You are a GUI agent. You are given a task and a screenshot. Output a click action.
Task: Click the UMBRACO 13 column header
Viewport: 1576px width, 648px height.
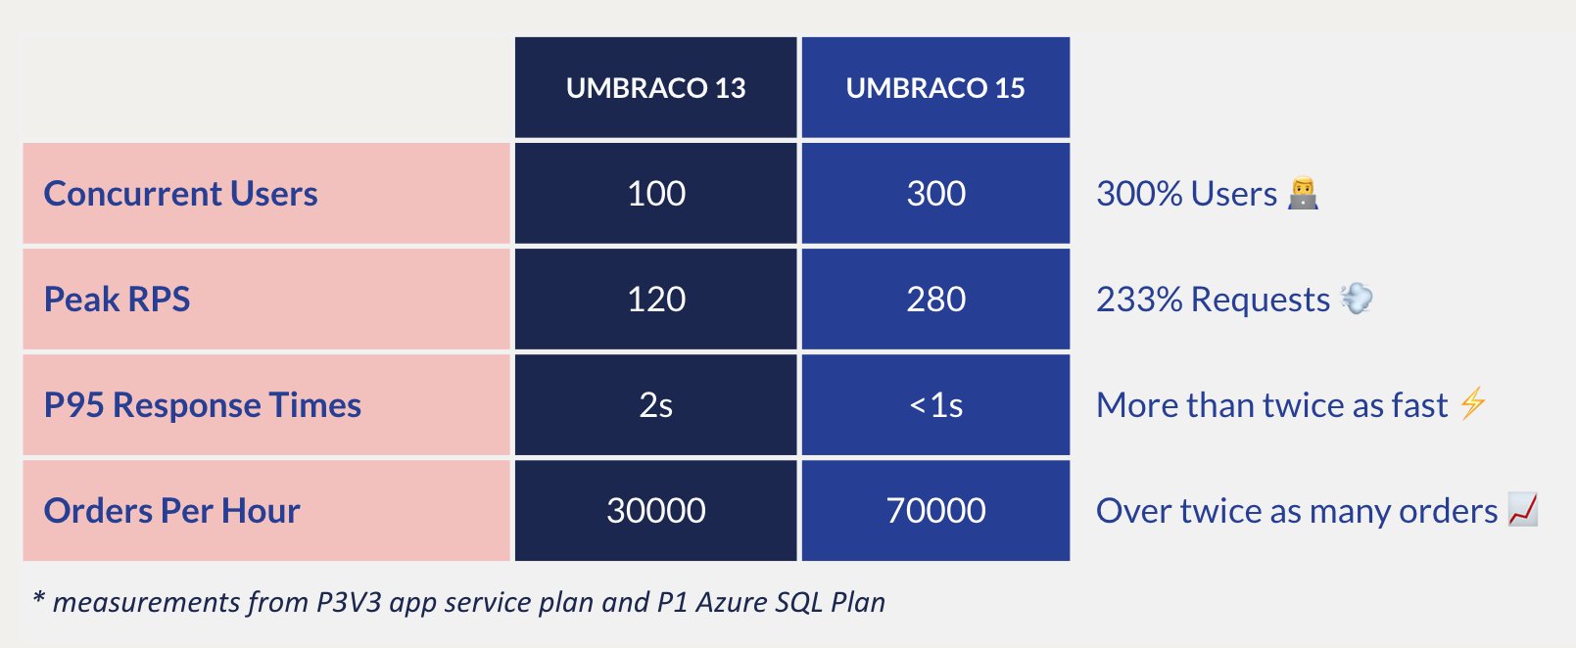[655, 88]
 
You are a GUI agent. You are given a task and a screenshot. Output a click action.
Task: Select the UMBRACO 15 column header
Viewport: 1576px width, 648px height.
[935, 88]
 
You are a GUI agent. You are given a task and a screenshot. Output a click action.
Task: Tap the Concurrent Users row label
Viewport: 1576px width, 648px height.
[181, 194]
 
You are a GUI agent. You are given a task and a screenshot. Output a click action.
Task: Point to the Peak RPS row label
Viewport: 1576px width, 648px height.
[118, 300]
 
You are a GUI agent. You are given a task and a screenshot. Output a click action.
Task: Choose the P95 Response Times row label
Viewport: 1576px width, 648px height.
[203, 405]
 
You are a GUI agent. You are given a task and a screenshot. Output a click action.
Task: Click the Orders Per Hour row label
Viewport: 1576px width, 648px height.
[172, 511]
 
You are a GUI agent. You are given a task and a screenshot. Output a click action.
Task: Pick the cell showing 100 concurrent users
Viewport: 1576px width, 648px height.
[655, 194]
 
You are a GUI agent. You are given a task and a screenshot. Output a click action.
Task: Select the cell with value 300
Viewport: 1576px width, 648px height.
[935, 194]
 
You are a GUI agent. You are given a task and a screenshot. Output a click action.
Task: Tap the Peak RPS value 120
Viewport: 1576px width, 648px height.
[655, 300]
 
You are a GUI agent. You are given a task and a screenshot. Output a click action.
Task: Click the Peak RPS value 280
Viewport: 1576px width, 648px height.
[935, 300]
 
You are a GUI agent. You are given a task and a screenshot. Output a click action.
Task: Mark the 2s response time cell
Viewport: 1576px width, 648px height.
[655, 405]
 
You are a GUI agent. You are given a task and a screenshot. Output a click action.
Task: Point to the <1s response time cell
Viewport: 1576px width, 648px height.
[935, 405]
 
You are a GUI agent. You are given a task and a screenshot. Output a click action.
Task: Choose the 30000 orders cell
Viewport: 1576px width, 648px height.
[655, 511]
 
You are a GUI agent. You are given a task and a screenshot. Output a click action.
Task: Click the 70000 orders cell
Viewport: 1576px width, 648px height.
[935, 511]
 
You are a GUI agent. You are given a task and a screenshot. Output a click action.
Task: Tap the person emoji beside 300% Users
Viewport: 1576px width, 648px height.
[1303, 193]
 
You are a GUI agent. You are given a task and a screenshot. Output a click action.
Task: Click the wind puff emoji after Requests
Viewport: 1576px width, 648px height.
[1357, 298]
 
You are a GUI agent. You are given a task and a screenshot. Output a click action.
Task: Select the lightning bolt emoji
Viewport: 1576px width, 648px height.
[1472, 403]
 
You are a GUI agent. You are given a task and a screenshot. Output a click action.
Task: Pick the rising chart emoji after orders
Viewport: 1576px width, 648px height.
[1523, 509]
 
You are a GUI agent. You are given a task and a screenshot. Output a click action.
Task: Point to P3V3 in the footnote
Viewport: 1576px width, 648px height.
[349, 602]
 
